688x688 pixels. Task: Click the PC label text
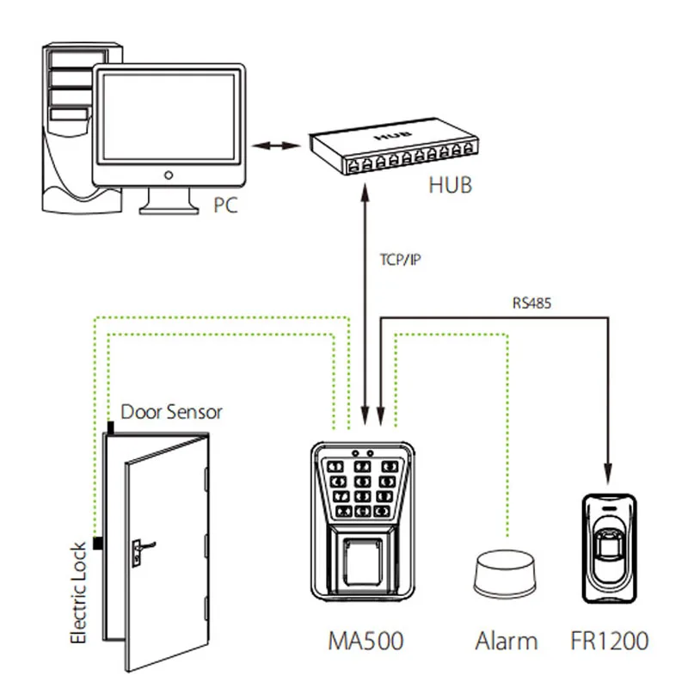[225, 205]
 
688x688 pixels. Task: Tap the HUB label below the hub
[450, 185]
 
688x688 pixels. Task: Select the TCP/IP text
[400, 260]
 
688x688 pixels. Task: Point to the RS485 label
[531, 303]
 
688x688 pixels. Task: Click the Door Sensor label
[171, 412]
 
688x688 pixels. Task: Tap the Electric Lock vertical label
[78, 593]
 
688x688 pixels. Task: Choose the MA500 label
[365, 641]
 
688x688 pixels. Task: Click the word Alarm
[507, 641]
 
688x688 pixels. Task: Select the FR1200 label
[610, 641]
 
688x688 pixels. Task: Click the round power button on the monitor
[169, 175]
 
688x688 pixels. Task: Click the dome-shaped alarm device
[505, 574]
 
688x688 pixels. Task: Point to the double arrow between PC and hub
[276, 145]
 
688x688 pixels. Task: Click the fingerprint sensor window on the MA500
[363, 562]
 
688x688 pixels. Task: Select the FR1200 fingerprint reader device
[610, 549]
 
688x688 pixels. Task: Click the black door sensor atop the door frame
[111, 427]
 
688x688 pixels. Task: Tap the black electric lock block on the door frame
[98, 544]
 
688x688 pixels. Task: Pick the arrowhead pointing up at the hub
[365, 193]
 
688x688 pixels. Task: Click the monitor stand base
[169, 209]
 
